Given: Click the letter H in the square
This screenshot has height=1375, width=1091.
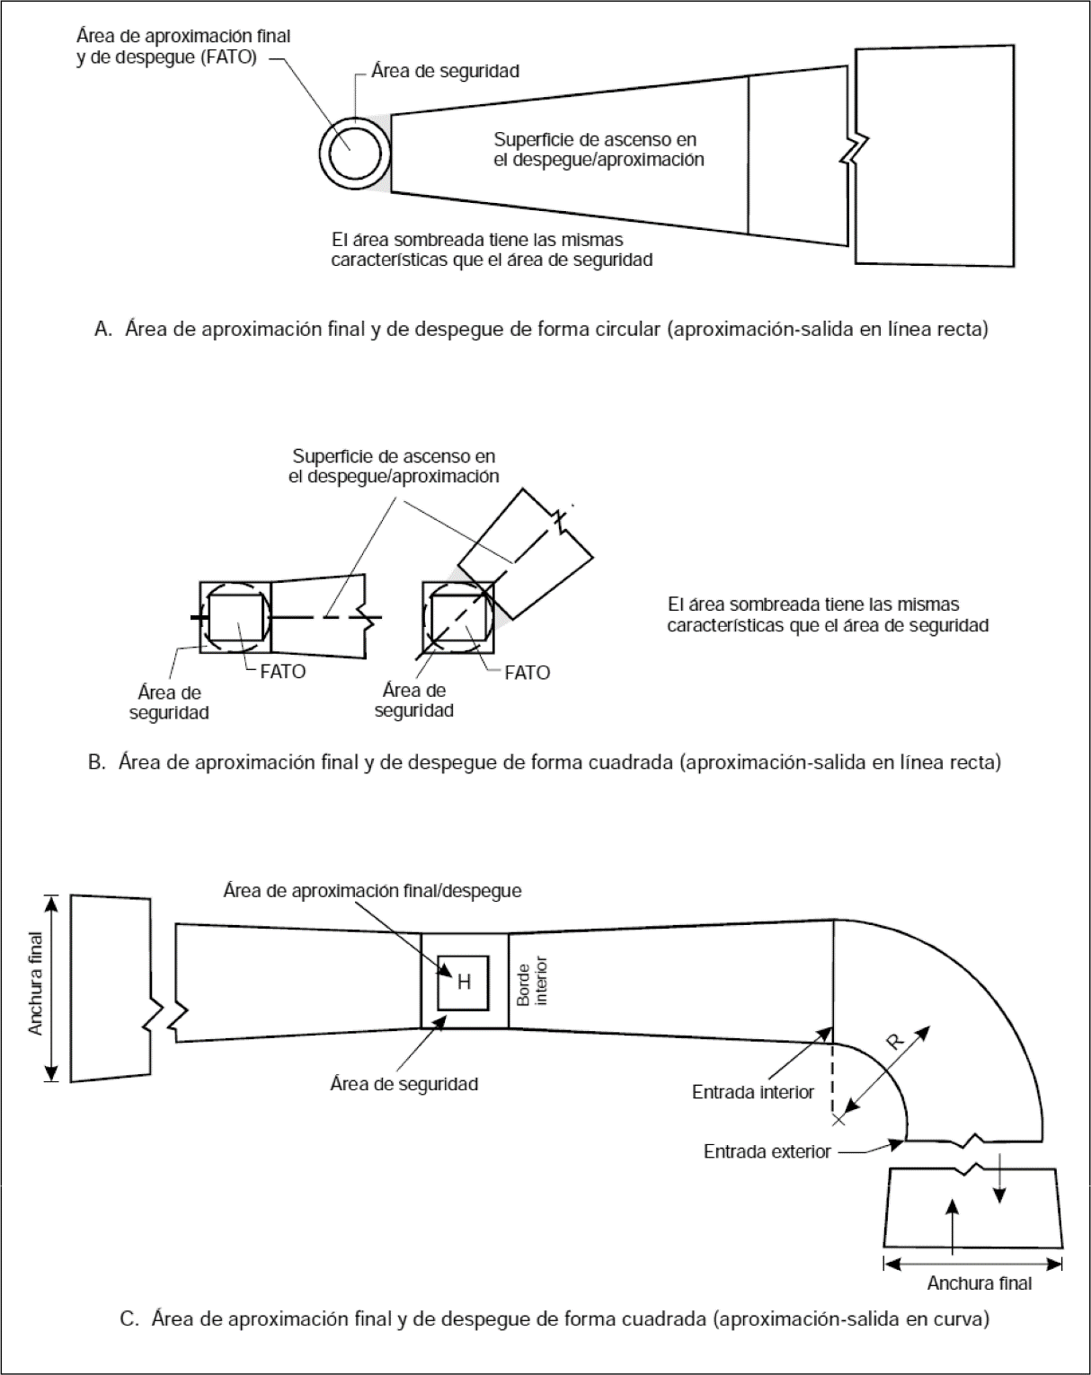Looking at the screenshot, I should (464, 983).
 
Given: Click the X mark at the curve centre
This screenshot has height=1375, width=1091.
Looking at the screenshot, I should (838, 1119).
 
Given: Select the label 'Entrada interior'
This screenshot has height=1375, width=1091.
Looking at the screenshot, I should (752, 1092).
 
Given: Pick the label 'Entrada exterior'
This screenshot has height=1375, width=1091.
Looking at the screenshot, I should (767, 1151).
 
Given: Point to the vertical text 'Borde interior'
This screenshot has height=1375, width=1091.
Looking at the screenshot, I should (532, 982).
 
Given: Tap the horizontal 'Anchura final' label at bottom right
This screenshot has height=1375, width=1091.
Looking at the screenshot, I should (979, 1283).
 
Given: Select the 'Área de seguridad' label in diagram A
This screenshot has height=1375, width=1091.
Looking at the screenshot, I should (445, 71).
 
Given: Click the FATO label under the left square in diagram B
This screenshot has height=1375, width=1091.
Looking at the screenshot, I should (282, 671).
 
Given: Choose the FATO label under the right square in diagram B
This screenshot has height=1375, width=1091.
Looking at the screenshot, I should (527, 673).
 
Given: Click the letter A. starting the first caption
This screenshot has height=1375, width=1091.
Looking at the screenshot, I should (102, 330).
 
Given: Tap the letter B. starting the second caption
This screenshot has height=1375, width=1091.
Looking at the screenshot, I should (97, 762).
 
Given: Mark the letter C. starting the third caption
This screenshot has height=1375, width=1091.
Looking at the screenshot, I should (129, 1319).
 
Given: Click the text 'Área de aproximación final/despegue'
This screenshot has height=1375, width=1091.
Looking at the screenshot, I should (372, 891).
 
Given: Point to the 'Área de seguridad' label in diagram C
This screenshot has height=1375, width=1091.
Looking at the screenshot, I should (404, 1083).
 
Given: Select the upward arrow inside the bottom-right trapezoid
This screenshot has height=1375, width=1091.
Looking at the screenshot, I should (953, 1221).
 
